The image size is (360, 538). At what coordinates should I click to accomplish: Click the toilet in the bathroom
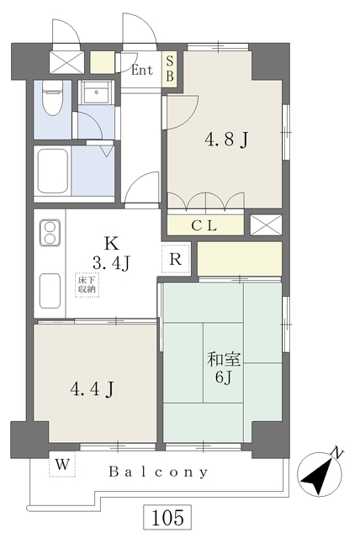pos(52,98)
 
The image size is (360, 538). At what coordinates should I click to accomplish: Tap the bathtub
pos(53,171)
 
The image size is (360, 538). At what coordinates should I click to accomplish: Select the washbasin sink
pos(97,92)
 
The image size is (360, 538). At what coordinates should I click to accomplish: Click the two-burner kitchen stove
pos(50,233)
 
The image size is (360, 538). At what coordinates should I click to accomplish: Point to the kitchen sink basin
pos(50,290)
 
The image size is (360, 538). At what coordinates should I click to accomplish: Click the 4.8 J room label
pos(226,140)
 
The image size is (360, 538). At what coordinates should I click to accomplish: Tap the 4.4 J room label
pos(92,389)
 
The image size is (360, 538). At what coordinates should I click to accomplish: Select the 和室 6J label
pos(224,368)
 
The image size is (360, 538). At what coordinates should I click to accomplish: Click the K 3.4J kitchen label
pos(111,254)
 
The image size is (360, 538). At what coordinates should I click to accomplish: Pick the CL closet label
pos(204,226)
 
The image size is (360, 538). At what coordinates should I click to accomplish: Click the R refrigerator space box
pos(175,259)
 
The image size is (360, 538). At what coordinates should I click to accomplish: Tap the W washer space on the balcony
pos(62,464)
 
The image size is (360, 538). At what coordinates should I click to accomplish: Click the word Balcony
pos(158,472)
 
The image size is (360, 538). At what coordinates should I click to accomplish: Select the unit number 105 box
pos(167,517)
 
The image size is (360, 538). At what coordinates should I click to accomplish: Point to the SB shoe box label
pos(170,69)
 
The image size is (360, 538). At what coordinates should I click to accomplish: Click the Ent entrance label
pos(142,71)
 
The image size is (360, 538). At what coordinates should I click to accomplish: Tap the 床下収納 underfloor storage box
pos(87,285)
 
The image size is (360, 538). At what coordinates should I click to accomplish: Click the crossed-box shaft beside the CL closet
pos(266,225)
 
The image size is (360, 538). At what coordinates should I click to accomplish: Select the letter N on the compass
pos(337,453)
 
